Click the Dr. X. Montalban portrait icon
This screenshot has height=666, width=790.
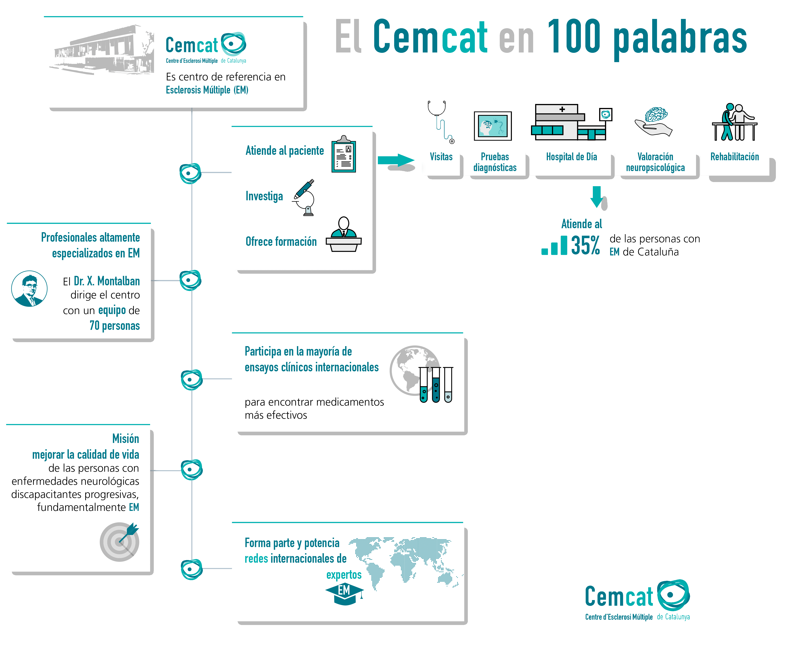pyautogui.click(x=29, y=288)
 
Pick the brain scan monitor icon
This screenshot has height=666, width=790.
pyautogui.click(x=493, y=126)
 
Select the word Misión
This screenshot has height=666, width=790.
pyautogui.click(x=126, y=439)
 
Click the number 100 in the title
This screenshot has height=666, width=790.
pyautogui.click(x=574, y=37)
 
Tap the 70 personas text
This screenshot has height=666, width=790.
pyautogui.click(x=115, y=326)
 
